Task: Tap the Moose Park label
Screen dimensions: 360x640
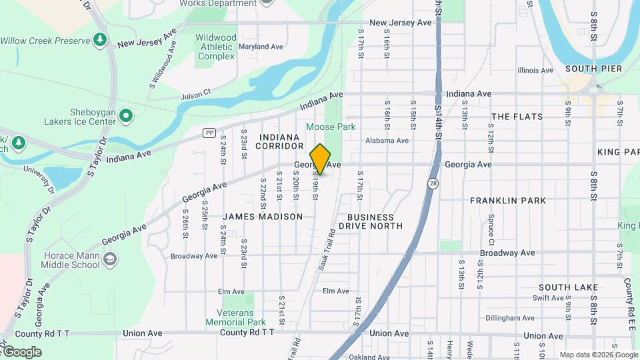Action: (x=331, y=127)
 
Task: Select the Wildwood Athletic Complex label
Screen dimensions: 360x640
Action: (x=216, y=47)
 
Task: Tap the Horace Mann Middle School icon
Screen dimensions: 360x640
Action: (x=110, y=259)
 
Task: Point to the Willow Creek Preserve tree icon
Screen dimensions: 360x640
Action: (x=100, y=39)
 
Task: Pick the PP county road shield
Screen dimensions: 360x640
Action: (x=209, y=133)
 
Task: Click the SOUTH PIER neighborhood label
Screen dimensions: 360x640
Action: (x=593, y=69)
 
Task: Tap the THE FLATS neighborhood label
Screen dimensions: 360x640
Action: (x=517, y=117)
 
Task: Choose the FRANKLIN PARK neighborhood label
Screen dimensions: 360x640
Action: (x=508, y=200)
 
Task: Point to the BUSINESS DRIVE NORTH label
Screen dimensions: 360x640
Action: (x=371, y=221)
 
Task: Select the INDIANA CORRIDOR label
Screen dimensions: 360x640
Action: (x=279, y=141)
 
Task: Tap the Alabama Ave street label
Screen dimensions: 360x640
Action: (x=387, y=141)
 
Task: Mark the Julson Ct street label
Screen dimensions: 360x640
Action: (x=196, y=93)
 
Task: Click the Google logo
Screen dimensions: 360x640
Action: (x=21, y=351)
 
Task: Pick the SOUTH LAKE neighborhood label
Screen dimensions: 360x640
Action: (x=564, y=287)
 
